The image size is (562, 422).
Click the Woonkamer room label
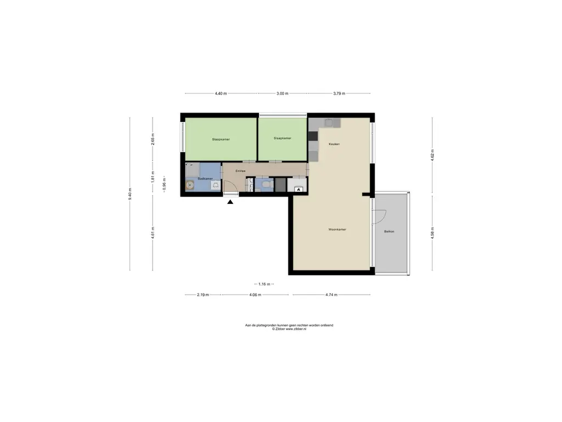[x=338, y=229]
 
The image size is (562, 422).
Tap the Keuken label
[x=334, y=144]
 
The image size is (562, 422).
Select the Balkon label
[x=389, y=231]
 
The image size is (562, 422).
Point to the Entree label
[x=240, y=171]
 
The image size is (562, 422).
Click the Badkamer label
[x=205, y=179]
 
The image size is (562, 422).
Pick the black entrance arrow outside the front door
[x=230, y=202]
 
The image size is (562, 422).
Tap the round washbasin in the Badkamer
[x=190, y=185]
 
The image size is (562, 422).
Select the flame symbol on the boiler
[x=298, y=189]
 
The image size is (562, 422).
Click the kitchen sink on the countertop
[x=329, y=123]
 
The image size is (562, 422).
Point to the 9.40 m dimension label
[x=130, y=194]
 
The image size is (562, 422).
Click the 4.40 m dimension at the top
[x=221, y=93]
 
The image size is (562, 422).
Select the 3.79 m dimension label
[x=339, y=93]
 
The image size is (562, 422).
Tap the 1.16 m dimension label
[x=264, y=284]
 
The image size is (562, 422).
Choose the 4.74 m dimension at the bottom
[x=331, y=295]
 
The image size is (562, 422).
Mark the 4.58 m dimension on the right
[x=432, y=233]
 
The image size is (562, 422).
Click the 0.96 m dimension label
[x=164, y=184]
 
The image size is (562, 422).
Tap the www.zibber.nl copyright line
[x=289, y=329]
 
